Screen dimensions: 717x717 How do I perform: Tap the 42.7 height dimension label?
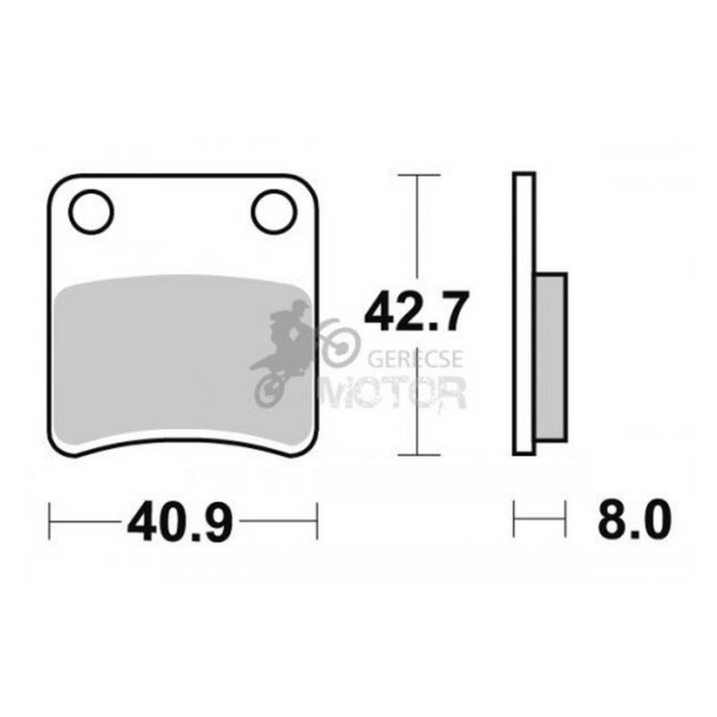[x=416, y=311]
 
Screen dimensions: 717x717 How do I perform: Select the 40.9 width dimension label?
[x=181, y=521]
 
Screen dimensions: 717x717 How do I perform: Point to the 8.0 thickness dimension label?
[x=634, y=519]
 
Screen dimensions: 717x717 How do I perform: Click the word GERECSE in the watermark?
[x=415, y=358]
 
